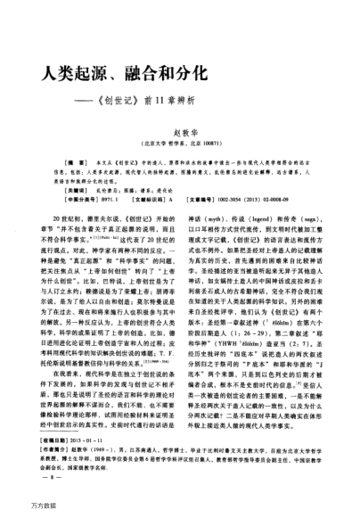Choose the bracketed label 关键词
coord(65,189)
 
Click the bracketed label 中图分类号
coord(69,201)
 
